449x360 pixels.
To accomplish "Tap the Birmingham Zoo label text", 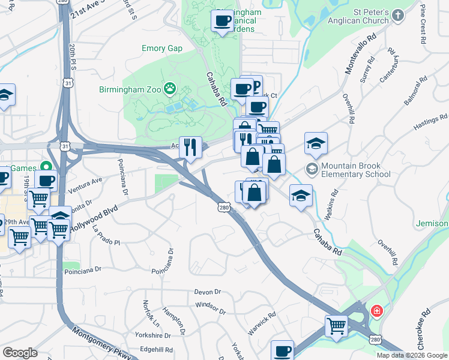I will click(x=131, y=89).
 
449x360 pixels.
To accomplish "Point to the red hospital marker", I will click(x=376, y=311).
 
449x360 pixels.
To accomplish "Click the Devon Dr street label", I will click(x=208, y=292).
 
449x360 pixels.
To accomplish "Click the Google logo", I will click(x=20, y=353).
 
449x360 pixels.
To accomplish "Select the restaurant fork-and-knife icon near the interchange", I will click(x=190, y=147).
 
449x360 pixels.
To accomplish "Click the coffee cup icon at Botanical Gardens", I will click(x=222, y=21).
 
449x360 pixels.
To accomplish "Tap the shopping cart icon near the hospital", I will click(x=337, y=326).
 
